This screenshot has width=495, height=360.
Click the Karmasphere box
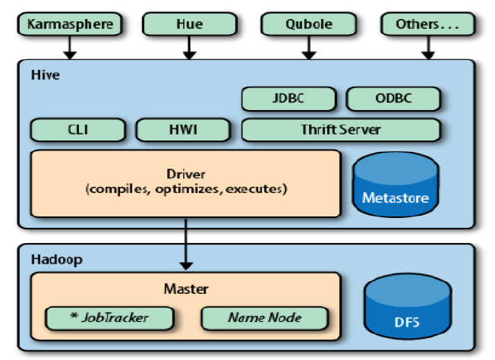tap(69, 24)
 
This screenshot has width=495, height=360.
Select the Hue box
tap(190, 24)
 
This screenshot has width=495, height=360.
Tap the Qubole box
tap(307, 24)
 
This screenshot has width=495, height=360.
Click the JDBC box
tap(288, 99)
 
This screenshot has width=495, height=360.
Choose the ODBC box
tap(393, 99)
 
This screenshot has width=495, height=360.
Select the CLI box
tap(78, 129)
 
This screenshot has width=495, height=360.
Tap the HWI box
tap(183, 129)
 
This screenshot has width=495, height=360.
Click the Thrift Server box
tap(341, 129)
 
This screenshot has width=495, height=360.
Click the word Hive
tap(45, 76)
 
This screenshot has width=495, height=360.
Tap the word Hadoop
tap(55, 260)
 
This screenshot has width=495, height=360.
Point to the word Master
tap(186, 289)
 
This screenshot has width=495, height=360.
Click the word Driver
tap(186, 174)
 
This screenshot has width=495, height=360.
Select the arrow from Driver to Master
tap(186, 244)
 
